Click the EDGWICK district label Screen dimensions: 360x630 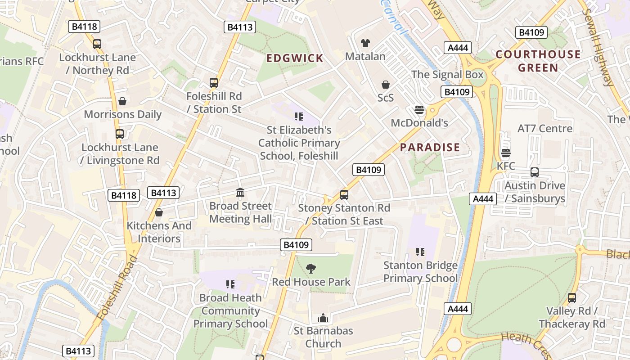295,58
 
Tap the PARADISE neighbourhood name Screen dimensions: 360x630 430,147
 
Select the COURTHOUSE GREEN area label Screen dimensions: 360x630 538,61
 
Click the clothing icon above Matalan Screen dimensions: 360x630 365,43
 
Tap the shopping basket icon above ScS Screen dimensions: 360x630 386,85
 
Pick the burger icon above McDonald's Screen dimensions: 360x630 419,110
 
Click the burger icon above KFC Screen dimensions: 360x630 506,153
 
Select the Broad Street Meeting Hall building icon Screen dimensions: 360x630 240,193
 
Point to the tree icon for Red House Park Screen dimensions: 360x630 310,269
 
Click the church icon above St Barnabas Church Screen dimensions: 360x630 323,318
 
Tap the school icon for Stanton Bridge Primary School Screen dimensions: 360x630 420,252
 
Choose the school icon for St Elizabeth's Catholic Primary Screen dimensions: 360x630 299,117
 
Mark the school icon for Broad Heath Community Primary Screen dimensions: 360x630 230,284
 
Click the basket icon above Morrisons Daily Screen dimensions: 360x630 122,101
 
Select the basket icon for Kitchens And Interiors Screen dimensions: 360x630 158,212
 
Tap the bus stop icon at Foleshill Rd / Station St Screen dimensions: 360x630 214,83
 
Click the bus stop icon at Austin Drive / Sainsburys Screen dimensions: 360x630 535,172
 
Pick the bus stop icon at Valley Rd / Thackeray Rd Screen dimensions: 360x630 571,298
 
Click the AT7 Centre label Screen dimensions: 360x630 545,128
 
